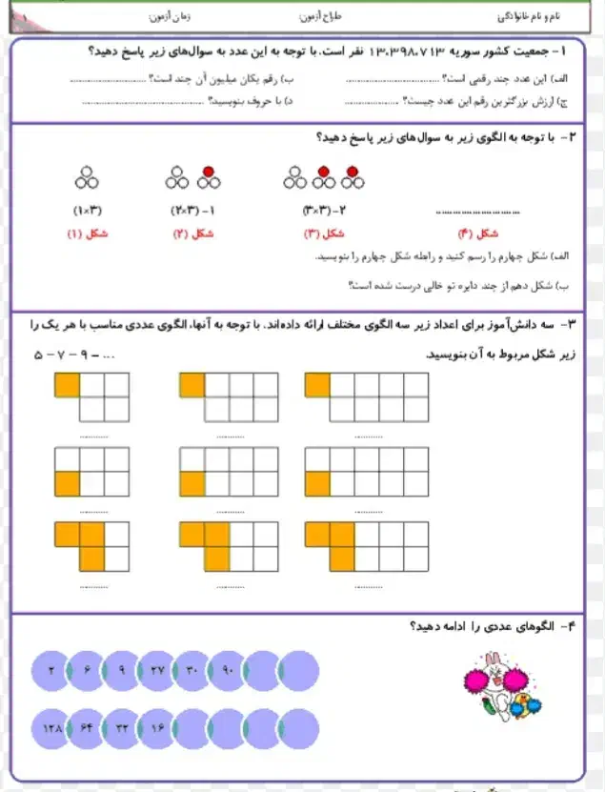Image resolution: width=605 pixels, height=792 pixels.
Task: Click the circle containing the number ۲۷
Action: pos(157,672)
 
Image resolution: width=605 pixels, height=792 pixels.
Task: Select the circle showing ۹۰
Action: pos(228,672)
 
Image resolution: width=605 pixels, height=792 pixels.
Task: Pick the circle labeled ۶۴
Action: pos(87,728)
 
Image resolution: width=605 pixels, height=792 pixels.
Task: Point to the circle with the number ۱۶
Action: pos(157,728)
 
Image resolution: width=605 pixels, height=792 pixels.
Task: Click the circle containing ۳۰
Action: pos(192,672)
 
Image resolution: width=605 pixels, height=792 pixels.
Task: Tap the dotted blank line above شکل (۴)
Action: pos(476,211)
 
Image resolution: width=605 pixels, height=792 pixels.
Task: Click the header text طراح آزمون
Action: pos(320,18)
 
